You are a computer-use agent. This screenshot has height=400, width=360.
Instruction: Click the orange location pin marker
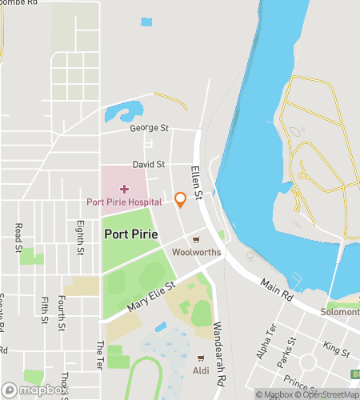coord(180,200)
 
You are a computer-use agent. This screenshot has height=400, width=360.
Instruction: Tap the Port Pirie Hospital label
coord(130,202)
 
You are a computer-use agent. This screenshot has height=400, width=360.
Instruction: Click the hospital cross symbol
coord(124,188)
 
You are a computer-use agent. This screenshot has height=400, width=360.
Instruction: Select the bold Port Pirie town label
coord(130,234)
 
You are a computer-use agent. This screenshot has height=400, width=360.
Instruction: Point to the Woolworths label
coord(196,252)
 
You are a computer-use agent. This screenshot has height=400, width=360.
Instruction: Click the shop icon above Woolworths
coord(196,239)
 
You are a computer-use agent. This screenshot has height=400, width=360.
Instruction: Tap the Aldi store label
coord(201,370)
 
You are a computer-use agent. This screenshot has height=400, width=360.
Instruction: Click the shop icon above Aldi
coord(201,358)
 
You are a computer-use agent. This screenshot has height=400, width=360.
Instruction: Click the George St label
coord(150,128)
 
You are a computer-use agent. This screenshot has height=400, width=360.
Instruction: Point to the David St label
coord(148,164)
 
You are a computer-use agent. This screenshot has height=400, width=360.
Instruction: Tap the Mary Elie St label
coord(151,297)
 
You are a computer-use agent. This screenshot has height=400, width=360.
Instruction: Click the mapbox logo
coord(32,390)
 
